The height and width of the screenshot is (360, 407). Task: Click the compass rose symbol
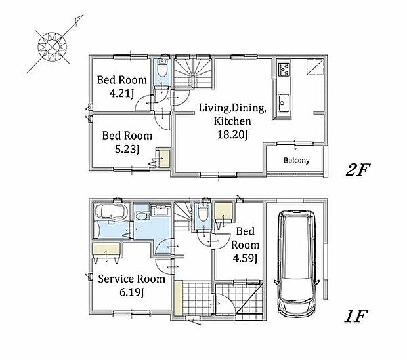[x=53, y=47]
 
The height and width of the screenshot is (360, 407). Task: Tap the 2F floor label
[x=358, y=170]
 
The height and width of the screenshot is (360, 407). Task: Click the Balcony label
[x=297, y=160]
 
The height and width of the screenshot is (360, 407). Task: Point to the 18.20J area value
[x=232, y=135]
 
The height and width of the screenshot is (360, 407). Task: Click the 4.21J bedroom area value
[x=121, y=93]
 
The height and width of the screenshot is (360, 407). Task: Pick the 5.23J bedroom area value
[x=127, y=149]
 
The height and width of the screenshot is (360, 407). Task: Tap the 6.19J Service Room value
[x=131, y=292]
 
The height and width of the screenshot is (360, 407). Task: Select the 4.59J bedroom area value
[x=245, y=258]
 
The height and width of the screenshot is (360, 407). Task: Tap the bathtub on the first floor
[x=111, y=212]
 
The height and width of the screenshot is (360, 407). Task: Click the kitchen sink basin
[x=284, y=103]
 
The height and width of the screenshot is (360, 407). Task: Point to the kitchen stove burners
[x=284, y=70]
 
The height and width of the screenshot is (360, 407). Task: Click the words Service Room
[x=131, y=279]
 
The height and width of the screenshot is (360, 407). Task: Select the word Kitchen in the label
[x=232, y=121]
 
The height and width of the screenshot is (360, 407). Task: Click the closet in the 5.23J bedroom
[x=163, y=158]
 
